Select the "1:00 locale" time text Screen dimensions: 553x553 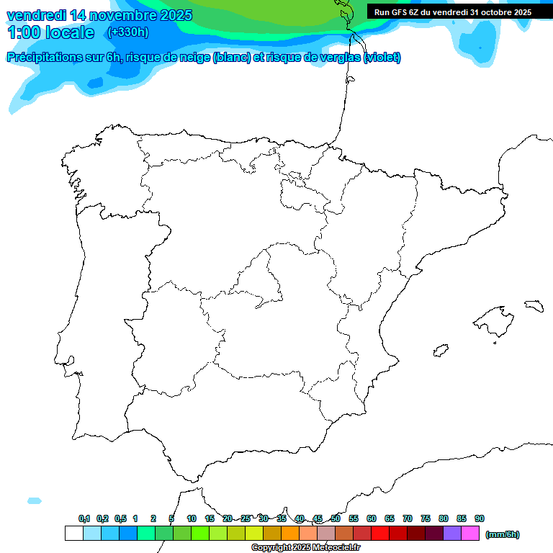coord(51,32)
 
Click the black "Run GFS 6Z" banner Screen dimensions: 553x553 coord(453,12)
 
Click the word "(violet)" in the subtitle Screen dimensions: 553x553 coord(382,58)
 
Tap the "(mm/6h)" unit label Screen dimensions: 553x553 coord(502,534)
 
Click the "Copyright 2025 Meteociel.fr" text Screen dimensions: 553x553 coord(305,548)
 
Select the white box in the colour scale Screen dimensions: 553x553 coord(73,534)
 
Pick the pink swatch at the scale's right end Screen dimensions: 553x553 coord(470,534)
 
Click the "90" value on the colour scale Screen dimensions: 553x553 coord(480,518)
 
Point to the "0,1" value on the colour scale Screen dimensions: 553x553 coord(84,518)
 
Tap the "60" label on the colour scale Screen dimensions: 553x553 coord(372,518)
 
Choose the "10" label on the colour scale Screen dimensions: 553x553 coord(192,518)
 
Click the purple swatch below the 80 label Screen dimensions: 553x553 coord(452,534)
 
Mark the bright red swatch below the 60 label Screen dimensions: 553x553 coord(380,534)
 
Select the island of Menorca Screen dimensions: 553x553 coord(534,305)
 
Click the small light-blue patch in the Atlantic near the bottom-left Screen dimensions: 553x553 coord(34,500)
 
